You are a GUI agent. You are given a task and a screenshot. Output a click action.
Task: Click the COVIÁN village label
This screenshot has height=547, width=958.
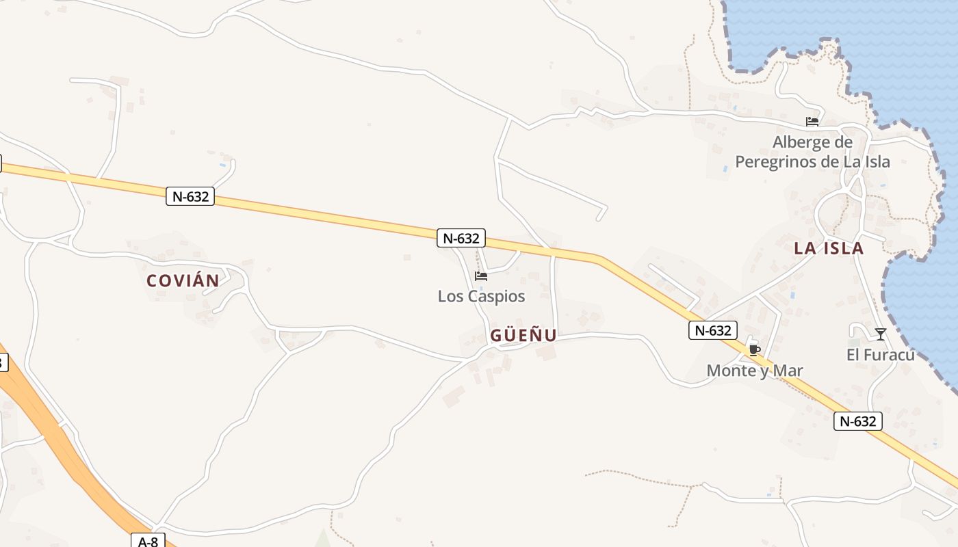point(183,280)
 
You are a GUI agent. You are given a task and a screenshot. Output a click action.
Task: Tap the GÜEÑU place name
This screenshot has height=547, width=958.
point(523,336)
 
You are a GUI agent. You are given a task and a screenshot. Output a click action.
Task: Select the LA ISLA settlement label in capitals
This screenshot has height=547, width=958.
point(829,248)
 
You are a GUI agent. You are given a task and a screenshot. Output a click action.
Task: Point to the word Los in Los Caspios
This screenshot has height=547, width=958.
point(449,296)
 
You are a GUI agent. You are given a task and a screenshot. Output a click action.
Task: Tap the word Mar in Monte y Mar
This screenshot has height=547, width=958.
point(788,371)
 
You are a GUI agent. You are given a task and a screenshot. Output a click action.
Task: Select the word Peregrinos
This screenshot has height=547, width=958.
point(777,161)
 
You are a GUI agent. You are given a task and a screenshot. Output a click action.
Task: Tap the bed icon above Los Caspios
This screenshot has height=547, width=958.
point(481,276)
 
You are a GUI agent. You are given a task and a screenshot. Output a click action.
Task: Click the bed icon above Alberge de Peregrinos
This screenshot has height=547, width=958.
point(812,122)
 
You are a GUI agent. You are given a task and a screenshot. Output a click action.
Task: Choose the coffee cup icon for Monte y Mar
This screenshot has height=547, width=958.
point(754,350)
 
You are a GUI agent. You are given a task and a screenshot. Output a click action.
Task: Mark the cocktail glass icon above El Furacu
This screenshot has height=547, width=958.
point(881,334)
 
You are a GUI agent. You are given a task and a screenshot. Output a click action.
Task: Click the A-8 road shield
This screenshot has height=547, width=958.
point(148,542)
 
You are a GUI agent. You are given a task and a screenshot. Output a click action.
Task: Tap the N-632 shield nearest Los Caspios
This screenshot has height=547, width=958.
point(461,238)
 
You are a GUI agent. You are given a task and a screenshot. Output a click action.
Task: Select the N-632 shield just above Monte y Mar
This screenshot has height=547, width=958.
point(713,330)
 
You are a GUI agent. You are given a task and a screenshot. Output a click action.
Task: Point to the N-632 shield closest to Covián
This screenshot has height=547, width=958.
point(190,196)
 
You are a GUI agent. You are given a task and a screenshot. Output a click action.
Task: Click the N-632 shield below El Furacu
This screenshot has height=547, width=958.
point(858,421)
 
